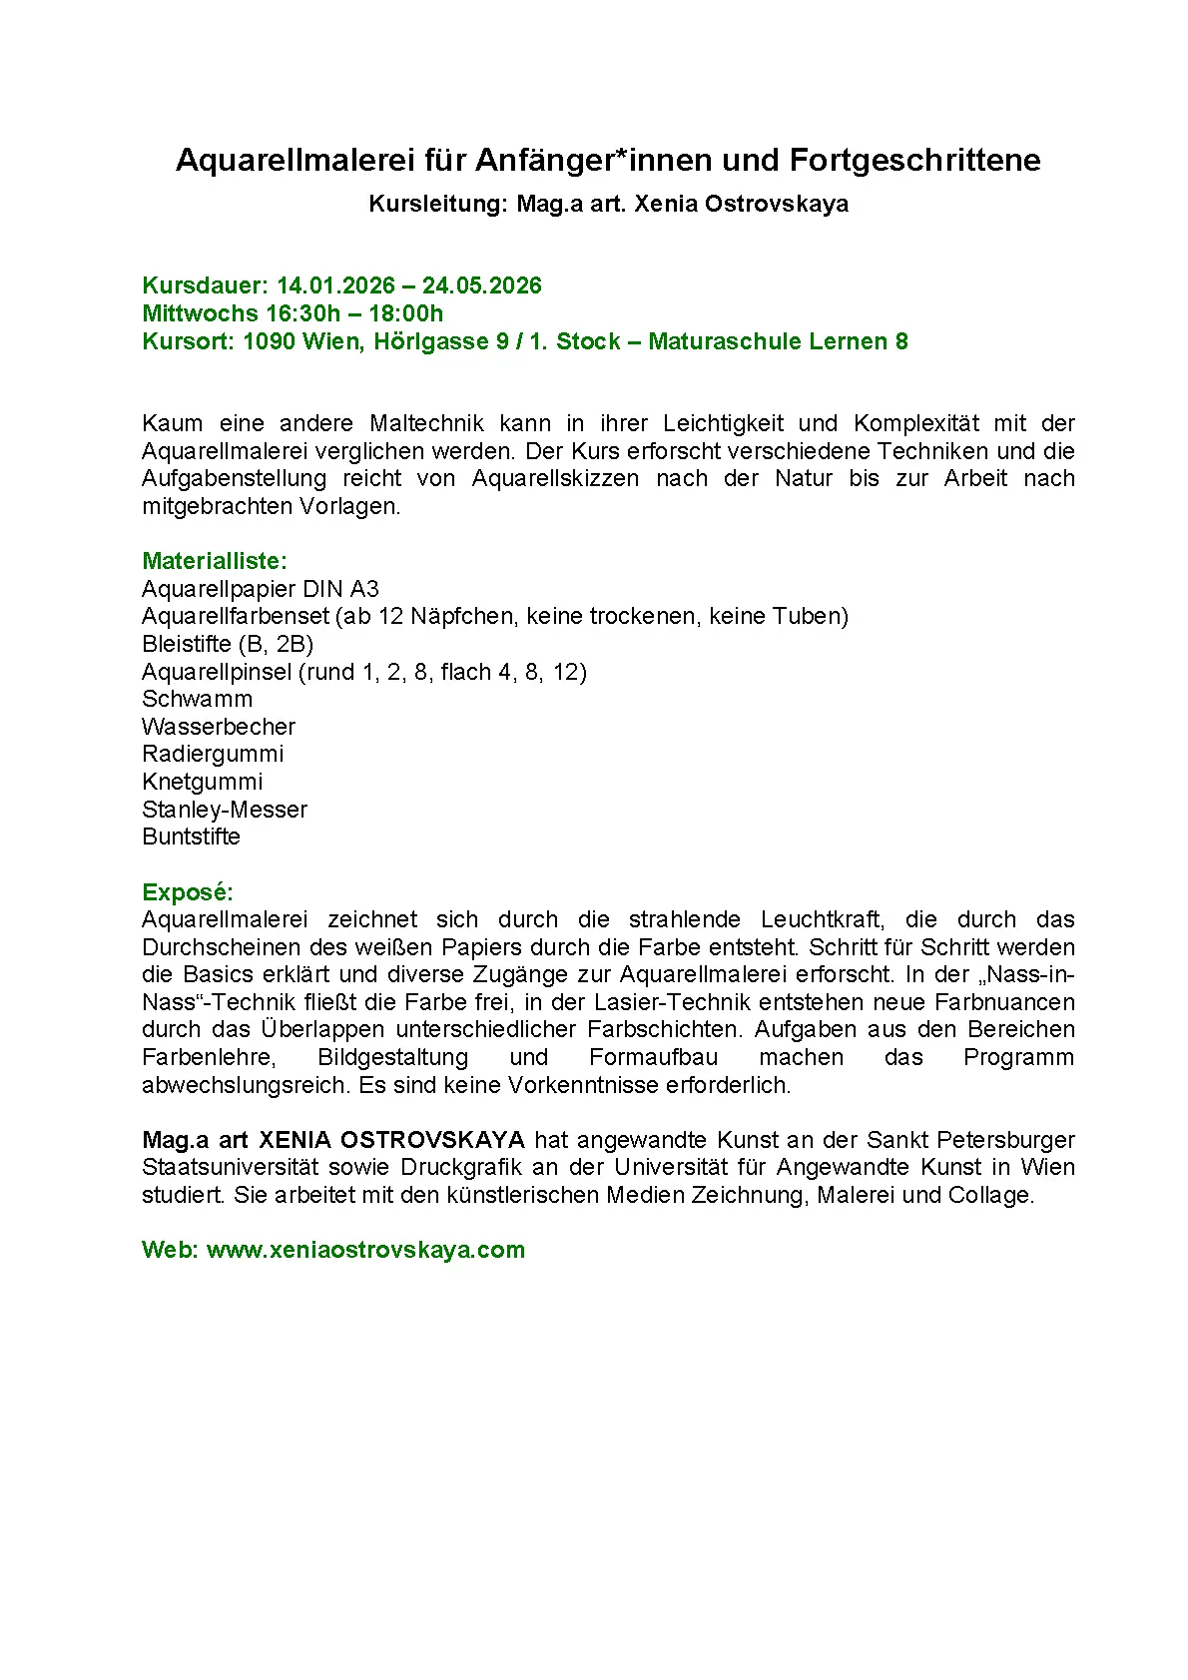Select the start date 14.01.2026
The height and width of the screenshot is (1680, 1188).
pos(335,285)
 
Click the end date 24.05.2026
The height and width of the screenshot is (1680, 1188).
pos(481,285)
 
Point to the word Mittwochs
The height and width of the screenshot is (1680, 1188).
pos(200,313)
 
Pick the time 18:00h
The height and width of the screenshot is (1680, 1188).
pos(406,313)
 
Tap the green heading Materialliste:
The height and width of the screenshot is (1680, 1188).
pos(214,561)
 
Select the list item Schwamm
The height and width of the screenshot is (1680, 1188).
pos(197,699)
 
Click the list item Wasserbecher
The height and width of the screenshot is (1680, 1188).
pos(219,727)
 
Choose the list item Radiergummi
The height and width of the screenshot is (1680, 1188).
pos(213,754)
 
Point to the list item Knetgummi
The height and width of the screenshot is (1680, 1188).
pos(203,782)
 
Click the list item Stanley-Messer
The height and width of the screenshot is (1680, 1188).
pos(225,810)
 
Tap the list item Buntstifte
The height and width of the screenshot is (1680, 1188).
pos(191,837)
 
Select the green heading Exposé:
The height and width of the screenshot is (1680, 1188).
pos(187,892)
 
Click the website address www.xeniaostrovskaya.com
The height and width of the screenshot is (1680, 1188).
pos(365,1250)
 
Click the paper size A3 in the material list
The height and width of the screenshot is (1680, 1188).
pos(364,589)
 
